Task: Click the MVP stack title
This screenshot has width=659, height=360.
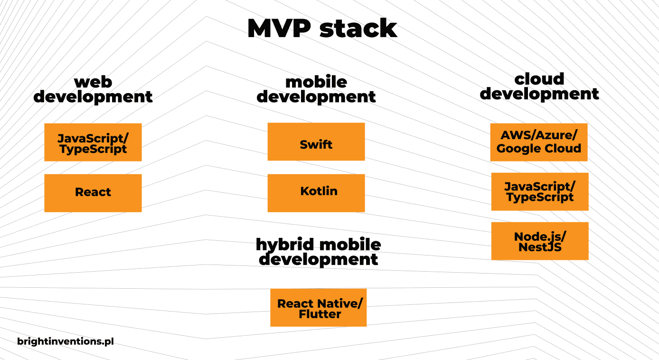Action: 322,28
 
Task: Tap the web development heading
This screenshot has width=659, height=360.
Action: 93,89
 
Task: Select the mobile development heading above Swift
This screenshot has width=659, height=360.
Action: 316,89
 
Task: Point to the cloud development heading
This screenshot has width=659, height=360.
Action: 539,86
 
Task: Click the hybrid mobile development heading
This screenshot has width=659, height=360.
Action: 318,252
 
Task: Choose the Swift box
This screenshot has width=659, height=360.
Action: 316,142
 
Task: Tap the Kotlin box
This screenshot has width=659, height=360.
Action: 316,193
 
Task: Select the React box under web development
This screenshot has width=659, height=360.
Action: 93,193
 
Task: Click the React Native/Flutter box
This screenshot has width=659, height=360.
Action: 318,307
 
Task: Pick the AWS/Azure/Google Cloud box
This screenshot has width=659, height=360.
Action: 539,142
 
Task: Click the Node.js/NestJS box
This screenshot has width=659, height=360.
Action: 540,241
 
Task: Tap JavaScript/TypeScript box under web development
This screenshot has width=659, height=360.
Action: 93,142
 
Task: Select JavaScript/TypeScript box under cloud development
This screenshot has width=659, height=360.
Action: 540,191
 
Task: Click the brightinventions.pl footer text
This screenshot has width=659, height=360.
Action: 66,341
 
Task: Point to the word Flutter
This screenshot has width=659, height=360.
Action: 320,314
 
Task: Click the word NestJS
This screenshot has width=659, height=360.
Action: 540,247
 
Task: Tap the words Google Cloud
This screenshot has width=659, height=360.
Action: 539,149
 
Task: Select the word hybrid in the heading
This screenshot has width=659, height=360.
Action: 285,245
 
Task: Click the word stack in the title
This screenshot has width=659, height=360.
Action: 358,28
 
